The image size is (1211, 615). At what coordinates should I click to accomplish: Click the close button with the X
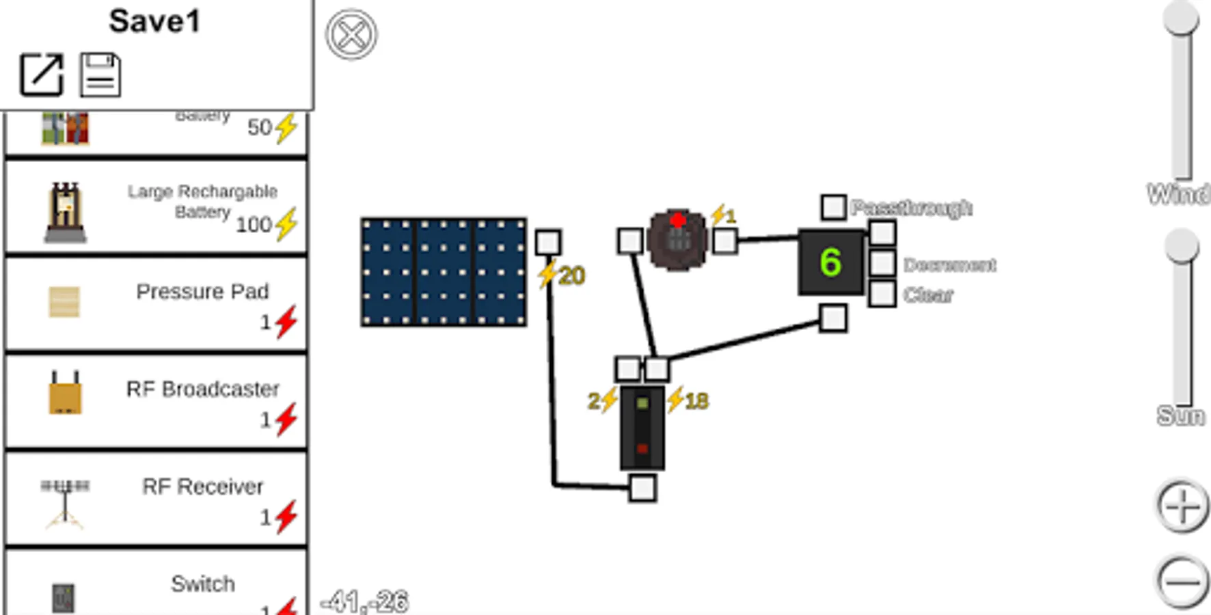(x=351, y=34)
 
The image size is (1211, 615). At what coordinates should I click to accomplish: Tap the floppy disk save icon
(x=100, y=74)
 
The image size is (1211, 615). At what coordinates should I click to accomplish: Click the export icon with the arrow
(x=42, y=74)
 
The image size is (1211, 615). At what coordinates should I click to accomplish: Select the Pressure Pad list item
(x=156, y=303)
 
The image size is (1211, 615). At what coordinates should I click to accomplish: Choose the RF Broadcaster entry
(x=156, y=401)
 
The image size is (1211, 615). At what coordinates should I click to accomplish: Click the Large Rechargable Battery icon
(x=66, y=212)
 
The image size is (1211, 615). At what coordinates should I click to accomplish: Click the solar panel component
(x=444, y=272)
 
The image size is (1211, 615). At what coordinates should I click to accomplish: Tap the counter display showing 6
(x=831, y=263)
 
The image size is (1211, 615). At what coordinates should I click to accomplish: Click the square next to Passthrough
(x=833, y=207)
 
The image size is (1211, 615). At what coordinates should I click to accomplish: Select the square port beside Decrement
(x=882, y=263)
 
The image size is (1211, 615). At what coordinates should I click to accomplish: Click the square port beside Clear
(x=882, y=294)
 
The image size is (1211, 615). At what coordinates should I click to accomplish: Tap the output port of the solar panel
(x=548, y=243)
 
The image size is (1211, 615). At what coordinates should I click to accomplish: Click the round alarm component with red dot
(x=677, y=240)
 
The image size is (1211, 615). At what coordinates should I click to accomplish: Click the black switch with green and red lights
(x=642, y=428)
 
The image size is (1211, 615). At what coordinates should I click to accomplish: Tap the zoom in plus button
(x=1182, y=507)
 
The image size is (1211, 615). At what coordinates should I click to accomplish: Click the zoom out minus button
(x=1182, y=582)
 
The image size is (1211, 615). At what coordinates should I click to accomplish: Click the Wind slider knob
(x=1182, y=17)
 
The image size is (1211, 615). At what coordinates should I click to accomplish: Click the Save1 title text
(x=155, y=21)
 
